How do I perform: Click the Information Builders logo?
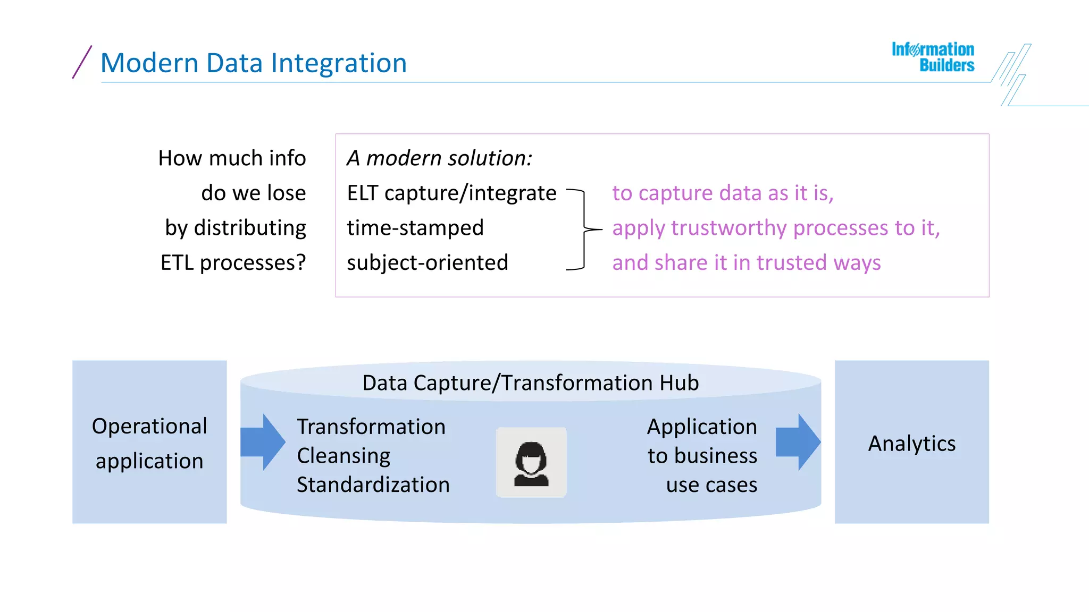(933, 57)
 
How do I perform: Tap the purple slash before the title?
(82, 62)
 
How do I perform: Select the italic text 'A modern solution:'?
(439, 158)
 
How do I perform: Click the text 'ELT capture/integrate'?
(451, 193)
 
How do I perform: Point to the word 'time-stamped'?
(415, 228)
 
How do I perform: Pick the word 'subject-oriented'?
(428, 262)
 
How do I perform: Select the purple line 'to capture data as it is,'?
(723, 193)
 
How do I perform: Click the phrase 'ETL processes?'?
(233, 262)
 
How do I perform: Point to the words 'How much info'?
(232, 158)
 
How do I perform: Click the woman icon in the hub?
(531, 463)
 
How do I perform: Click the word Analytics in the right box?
(911, 444)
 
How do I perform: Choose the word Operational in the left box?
(149, 426)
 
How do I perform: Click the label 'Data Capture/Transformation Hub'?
(530, 383)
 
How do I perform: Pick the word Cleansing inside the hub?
(344, 456)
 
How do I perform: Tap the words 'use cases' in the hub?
(711, 485)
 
